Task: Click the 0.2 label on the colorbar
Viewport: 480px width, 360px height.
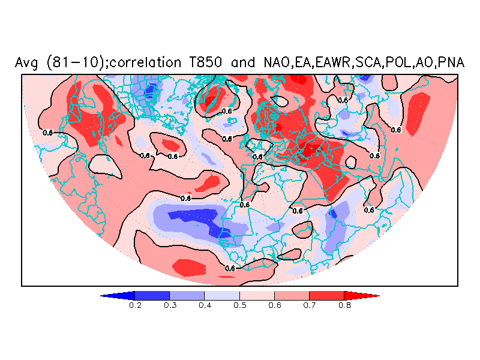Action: click(x=135, y=305)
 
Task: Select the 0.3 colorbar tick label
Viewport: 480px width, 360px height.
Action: click(x=170, y=305)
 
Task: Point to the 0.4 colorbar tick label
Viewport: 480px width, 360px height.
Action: click(x=205, y=305)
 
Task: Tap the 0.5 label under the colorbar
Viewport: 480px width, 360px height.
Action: click(x=239, y=305)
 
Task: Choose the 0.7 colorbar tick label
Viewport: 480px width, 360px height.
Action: click(x=309, y=305)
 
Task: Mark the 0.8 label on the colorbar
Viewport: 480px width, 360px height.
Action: click(x=344, y=305)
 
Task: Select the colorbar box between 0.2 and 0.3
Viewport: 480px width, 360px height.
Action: click(x=152, y=295)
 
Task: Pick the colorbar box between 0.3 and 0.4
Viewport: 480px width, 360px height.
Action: click(x=187, y=295)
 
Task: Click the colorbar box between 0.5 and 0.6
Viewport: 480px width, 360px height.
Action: click(x=257, y=295)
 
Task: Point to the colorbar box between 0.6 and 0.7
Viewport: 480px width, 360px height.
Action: click(x=292, y=295)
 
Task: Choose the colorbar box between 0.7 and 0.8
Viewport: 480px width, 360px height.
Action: click(x=326, y=295)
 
